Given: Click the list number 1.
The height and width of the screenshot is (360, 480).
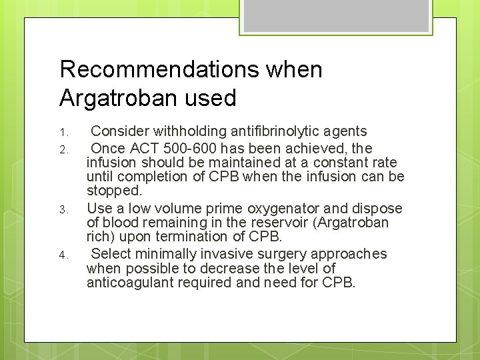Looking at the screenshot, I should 63,131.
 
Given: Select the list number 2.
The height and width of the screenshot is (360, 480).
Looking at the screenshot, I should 63,149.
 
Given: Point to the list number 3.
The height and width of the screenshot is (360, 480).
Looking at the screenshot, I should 63,209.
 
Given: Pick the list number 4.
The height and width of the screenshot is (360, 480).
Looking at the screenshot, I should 63,255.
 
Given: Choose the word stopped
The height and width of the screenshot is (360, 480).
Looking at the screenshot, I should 115,191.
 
